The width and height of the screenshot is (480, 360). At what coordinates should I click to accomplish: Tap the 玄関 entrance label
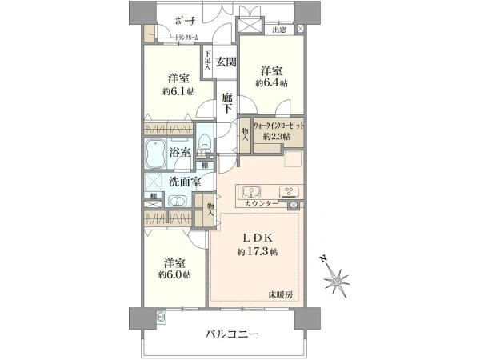[226, 62]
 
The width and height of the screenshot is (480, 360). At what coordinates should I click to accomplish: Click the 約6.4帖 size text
[271, 82]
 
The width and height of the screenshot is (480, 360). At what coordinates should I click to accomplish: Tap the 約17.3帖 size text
[257, 252]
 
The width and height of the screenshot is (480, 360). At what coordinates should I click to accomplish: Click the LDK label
[257, 238]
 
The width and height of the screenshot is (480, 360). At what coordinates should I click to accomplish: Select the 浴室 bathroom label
[179, 152]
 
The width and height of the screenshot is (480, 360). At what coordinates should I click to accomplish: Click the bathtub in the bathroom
[155, 152]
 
